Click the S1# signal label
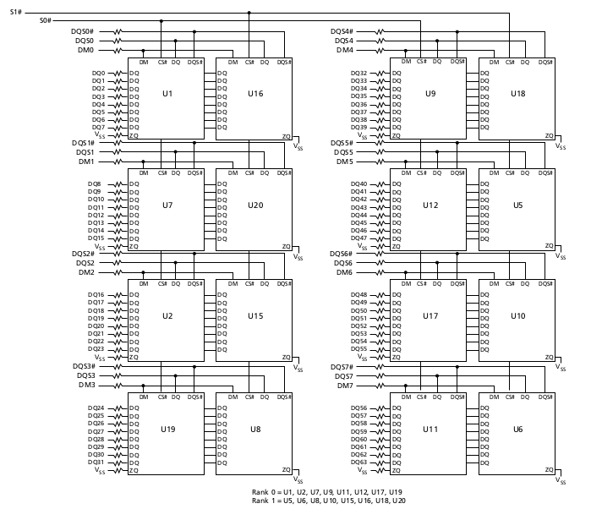(x=16, y=12)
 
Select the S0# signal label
(x=46, y=20)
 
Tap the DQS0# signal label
(x=84, y=31)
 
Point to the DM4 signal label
(x=344, y=50)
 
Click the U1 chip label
(x=167, y=92)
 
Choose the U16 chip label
(x=255, y=92)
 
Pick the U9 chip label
(x=430, y=92)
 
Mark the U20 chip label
(x=255, y=205)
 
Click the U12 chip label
(x=430, y=205)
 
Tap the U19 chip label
(x=167, y=430)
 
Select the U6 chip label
(x=517, y=430)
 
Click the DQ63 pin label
(x=358, y=462)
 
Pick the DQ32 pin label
(x=358, y=73)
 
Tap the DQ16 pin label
(x=96, y=294)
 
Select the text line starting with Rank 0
(x=327, y=491)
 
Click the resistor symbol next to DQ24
(x=117, y=408)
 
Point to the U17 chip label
(x=430, y=316)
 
